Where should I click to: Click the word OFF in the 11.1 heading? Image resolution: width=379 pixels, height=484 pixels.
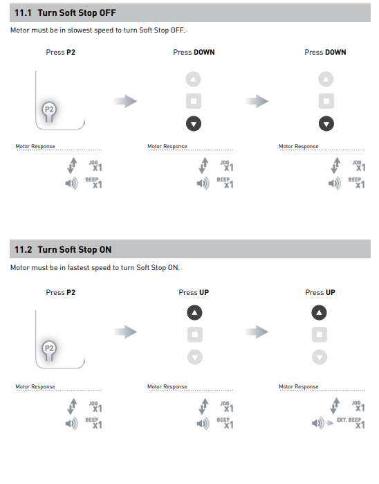[x=107, y=13]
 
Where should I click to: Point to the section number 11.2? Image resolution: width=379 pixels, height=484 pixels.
[x=23, y=249]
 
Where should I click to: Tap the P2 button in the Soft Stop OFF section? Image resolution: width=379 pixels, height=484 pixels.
[x=49, y=111]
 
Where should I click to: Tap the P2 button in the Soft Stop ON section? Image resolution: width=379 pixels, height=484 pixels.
[x=49, y=350]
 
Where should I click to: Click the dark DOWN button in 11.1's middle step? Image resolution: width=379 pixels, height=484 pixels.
[x=194, y=124]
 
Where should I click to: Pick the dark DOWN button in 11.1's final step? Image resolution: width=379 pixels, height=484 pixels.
[x=326, y=124]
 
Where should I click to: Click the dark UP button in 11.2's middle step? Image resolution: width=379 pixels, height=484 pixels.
[x=194, y=313]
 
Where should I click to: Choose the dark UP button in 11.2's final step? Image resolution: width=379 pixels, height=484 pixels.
[x=319, y=313]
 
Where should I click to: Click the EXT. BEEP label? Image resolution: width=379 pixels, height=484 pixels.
[x=349, y=420]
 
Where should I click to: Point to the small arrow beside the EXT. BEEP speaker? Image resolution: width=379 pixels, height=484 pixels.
[x=330, y=423]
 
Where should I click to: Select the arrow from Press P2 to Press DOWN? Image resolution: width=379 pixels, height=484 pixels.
[x=125, y=101]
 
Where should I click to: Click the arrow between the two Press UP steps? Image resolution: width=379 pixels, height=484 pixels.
[x=257, y=332]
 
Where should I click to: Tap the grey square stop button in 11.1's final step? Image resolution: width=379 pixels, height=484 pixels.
[x=326, y=101]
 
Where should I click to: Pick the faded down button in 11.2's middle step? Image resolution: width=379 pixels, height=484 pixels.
[x=195, y=357]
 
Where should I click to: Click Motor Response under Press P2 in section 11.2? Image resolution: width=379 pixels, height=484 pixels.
[x=35, y=386]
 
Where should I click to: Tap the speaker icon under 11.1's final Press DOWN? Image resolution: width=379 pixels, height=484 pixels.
[x=335, y=183]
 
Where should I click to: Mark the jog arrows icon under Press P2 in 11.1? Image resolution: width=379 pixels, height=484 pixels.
[x=72, y=165]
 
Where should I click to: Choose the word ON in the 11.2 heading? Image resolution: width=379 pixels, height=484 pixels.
[x=105, y=249]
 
